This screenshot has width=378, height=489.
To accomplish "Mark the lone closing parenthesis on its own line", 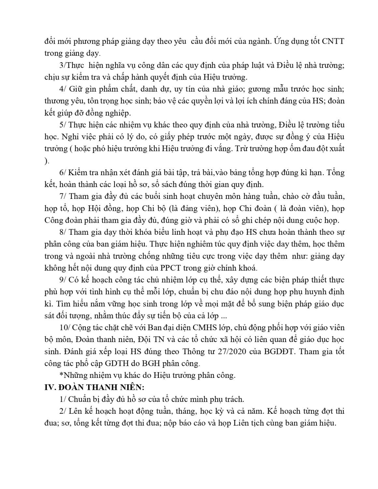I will pos(46,161).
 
